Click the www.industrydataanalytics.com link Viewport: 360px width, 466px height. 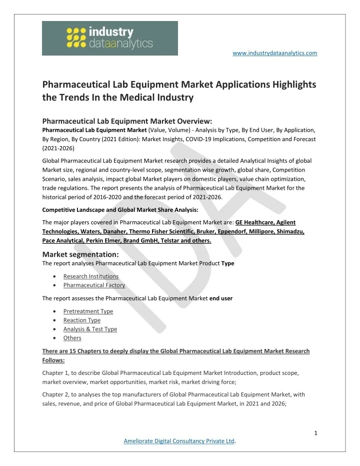(x=275, y=53)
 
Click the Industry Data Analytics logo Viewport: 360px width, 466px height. (x=109, y=38)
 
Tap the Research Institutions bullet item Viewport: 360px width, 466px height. (x=91, y=276)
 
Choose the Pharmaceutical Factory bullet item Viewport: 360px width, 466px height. (x=94, y=285)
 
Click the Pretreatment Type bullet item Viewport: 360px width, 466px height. (x=88, y=311)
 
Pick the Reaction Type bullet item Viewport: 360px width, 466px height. (x=82, y=320)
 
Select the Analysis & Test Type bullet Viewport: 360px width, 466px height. (x=90, y=329)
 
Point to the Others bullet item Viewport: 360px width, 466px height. (x=72, y=338)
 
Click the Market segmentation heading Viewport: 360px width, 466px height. (x=80, y=254)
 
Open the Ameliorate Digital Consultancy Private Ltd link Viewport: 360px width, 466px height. (x=179, y=441)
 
